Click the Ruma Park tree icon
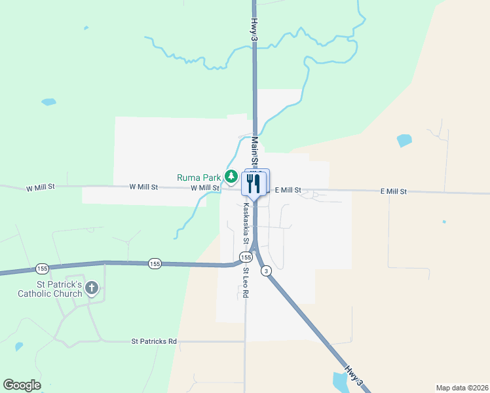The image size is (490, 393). pyautogui.click(x=231, y=176)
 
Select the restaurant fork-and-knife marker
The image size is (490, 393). pyautogui.click(x=254, y=183)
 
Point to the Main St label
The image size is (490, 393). pyautogui.click(x=254, y=150)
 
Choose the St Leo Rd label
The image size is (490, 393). pyautogui.click(x=246, y=282)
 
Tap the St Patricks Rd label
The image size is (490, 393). pyautogui.click(x=154, y=341)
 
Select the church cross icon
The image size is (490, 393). pyautogui.click(x=92, y=288)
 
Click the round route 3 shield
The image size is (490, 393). pyautogui.click(x=266, y=271)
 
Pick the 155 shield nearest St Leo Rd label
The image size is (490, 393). pyautogui.click(x=242, y=257)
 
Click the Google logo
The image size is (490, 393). pyautogui.click(x=22, y=384)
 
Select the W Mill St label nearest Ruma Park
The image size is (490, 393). pyautogui.click(x=204, y=188)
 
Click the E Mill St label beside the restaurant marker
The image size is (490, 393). pyautogui.click(x=288, y=190)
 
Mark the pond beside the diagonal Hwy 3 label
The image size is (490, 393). pyautogui.click(x=341, y=383)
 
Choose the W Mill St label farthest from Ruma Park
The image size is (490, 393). pyautogui.click(x=40, y=187)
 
